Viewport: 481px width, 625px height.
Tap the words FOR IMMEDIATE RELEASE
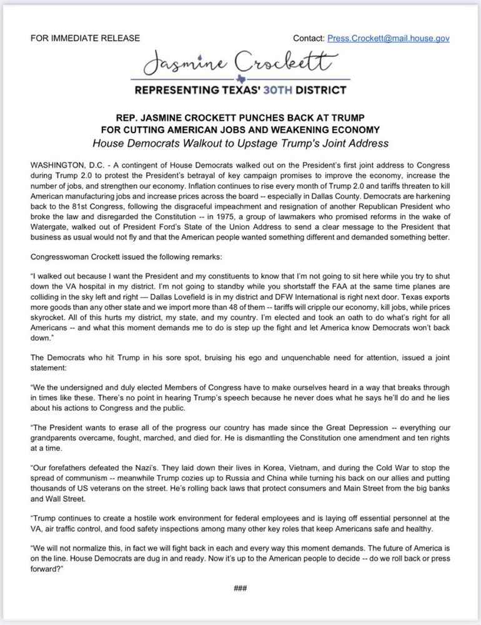[85, 38]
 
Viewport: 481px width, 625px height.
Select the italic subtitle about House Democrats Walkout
[241, 143]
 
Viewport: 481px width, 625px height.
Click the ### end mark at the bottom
[241, 588]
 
